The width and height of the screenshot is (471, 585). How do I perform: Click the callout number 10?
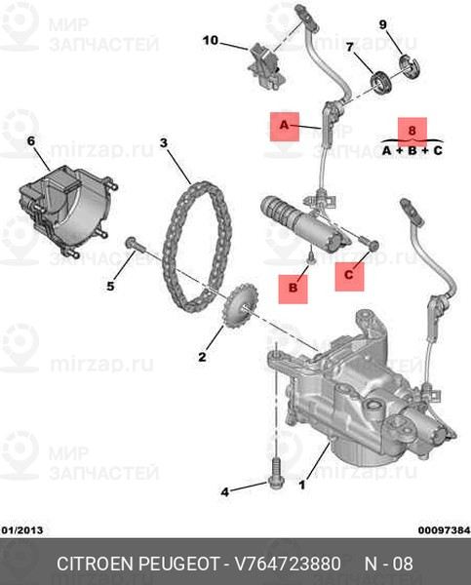click(211, 41)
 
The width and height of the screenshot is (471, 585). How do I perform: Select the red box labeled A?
click(285, 126)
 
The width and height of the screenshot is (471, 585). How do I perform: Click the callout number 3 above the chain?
click(165, 143)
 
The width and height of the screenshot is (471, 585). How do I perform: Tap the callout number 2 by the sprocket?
click(203, 357)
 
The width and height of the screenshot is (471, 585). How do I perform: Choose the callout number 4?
click(224, 491)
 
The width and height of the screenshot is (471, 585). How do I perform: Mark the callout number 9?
click(382, 24)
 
